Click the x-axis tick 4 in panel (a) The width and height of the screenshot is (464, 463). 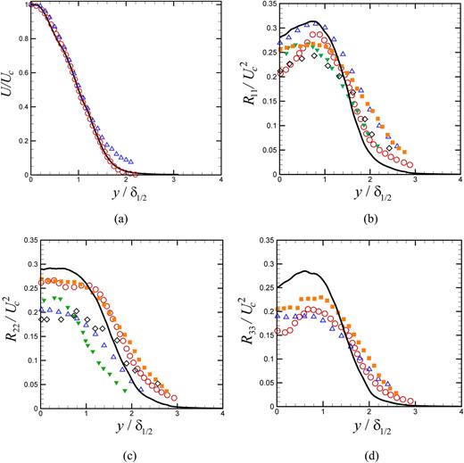tap(220, 183)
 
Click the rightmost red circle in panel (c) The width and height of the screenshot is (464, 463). tap(174, 398)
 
